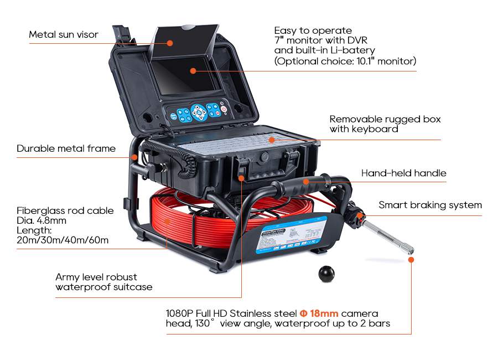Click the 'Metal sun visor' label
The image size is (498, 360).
(64, 34)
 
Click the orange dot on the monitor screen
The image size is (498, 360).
(193, 70)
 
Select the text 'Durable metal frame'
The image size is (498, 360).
(66, 148)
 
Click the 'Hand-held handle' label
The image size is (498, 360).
(403, 173)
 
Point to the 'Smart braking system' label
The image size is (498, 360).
(430, 205)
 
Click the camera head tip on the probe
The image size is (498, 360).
(411, 258)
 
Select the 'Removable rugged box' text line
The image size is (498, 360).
(385, 119)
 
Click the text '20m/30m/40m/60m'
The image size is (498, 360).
(63, 240)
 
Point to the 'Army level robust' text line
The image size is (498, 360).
(96, 277)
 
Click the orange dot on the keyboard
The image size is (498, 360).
(272, 140)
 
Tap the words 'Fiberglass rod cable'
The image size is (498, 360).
(65, 210)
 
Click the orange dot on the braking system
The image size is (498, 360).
(360, 214)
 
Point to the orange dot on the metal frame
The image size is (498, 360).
(134, 157)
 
